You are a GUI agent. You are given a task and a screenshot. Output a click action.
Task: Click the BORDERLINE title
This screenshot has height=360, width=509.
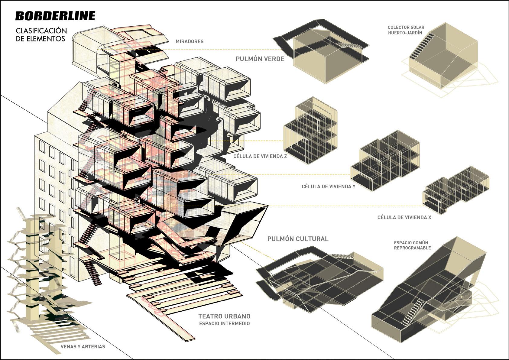pyautogui.click(x=55, y=16)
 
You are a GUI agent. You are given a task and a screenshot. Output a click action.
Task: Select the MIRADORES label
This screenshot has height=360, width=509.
pyautogui.click(x=190, y=41)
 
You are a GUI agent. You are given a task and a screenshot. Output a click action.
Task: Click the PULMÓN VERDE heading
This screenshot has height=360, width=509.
pyautogui.click(x=260, y=59)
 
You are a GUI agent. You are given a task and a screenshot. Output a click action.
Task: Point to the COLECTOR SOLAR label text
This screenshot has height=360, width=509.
pyautogui.click(x=406, y=28)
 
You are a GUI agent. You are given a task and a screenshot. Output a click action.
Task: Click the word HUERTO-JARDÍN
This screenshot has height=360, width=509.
pyautogui.click(x=405, y=33)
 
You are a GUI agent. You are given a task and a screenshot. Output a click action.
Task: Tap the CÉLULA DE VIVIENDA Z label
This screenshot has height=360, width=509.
pyautogui.click(x=260, y=156)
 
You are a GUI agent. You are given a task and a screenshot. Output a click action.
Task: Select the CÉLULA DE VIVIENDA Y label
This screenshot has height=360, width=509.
pyautogui.click(x=328, y=186)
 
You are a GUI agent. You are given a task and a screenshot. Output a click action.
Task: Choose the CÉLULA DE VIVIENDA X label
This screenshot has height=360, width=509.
pyautogui.click(x=404, y=217)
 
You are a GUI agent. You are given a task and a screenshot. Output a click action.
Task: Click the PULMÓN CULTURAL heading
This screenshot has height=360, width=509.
pyautogui.click(x=298, y=239)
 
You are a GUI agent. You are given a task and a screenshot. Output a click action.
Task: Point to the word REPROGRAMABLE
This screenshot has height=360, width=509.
pyautogui.click(x=412, y=248)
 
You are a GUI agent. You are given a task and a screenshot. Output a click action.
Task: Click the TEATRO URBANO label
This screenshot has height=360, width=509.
pyautogui.click(x=224, y=316)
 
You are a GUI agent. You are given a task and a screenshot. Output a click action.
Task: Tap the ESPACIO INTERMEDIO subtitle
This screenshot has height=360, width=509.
pyautogui.click(x=224, y=323)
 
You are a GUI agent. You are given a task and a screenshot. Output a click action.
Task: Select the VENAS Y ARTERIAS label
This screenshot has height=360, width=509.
pyautogui.click(x=83, y=346)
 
